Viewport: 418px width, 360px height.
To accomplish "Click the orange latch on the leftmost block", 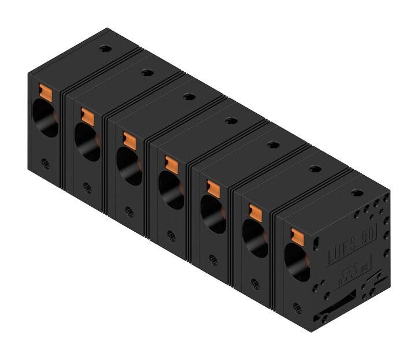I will (x=45, y=91).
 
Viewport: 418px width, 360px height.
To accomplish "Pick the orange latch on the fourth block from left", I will (x=171, y=162).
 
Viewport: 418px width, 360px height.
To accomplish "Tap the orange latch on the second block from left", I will (x=87, y=115).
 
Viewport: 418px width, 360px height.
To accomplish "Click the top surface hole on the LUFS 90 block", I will (x=357, y=192).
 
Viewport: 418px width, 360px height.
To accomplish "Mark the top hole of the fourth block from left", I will (x=231, y=121).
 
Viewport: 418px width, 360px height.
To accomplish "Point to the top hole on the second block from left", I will (x=146, y=73).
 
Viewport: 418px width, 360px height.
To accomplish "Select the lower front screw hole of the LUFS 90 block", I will (x=297, y=307).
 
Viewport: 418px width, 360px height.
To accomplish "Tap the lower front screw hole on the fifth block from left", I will (x=213, y=259).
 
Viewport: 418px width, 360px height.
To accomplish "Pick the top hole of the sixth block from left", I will (x=315, y=169).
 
